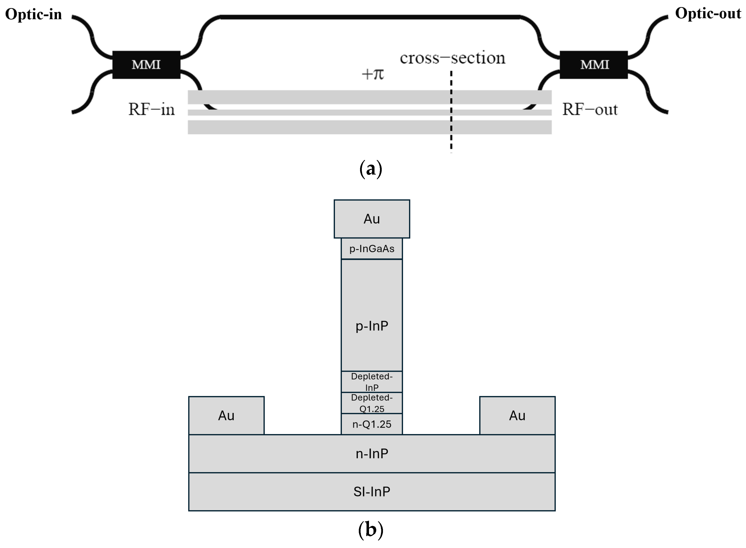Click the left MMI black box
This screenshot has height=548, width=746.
click(x=146, y=65)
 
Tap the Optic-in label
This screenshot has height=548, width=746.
click(x=34, y=14)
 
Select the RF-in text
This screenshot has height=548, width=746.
click(x=151, y=109)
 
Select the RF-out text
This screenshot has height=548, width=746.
click(x=590, y=109)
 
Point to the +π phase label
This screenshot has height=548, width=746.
click(x=373, y=74)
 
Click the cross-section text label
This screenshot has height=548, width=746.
click(x=452, y=58)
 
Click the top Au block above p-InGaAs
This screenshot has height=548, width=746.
click(x=372, y=219)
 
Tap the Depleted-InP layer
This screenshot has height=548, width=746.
click(x=372, y=381)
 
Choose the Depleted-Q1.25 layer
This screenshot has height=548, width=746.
click(x=372, y=403)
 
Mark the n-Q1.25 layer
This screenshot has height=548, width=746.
click(x=372, y=424)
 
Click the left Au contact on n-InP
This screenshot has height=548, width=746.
click(x=226, y=415)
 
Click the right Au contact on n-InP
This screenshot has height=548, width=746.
click(x=517, y=415)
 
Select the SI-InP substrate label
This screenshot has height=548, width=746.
click(x=372, y=492)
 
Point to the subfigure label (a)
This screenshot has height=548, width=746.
click(x=371, y=169)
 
